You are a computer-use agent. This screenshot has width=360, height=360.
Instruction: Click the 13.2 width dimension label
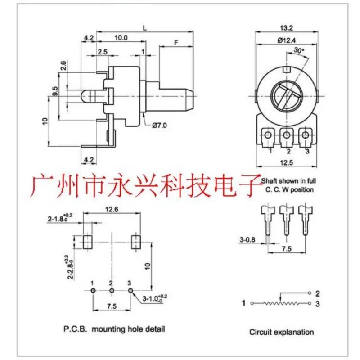click(x=287, y=28)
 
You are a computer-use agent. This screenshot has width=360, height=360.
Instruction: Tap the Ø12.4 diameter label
click(x=287, y=40)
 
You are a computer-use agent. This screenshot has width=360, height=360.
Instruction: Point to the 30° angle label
click(x=299, y=50)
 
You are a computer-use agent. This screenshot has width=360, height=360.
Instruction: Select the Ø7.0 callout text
click(x=159, y=126)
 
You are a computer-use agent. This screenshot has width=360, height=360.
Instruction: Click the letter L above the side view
click(x=144, y=28)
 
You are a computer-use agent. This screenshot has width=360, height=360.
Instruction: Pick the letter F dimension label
click(x=176, y=43)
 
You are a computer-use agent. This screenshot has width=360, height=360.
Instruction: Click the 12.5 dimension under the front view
click(x=287, y=163)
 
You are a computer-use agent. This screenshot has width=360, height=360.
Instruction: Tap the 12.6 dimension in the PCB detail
click(x=112, y=209)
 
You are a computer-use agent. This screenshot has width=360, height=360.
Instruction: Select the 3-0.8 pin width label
click(x=247, y=240)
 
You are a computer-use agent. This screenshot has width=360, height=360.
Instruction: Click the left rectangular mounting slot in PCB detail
click(x=87, y=242)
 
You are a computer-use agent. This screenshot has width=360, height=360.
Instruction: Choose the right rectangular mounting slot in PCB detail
click(x=136, y=242)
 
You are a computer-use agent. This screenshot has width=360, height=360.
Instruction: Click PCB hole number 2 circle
click(x=112, y=291)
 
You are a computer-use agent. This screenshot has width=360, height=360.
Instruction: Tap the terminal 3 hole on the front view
click(x=305, y=135)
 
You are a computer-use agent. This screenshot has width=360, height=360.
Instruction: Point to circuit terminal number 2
click(x=317, y=293)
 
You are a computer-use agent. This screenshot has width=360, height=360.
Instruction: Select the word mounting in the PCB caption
click(x=108, y=329)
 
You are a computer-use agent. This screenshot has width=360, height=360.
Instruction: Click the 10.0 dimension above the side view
click(x=121, y=38)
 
